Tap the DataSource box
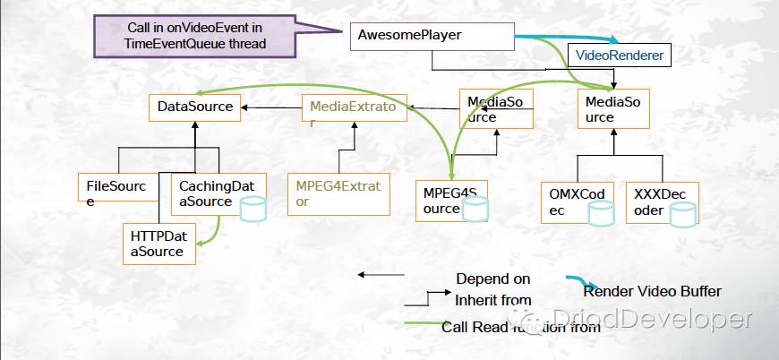click(194, 107)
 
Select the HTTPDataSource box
click(158, 244)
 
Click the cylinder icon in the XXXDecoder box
click(684, 214)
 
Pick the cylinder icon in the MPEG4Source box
click(476, 210)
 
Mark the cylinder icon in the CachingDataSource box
click(253, 208)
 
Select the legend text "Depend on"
click(492, 279)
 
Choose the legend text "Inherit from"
click(492, 299)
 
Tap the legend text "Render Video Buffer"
click(652, 291)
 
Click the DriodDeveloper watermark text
click(651, 319)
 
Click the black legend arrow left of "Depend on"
click(381, 274)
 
